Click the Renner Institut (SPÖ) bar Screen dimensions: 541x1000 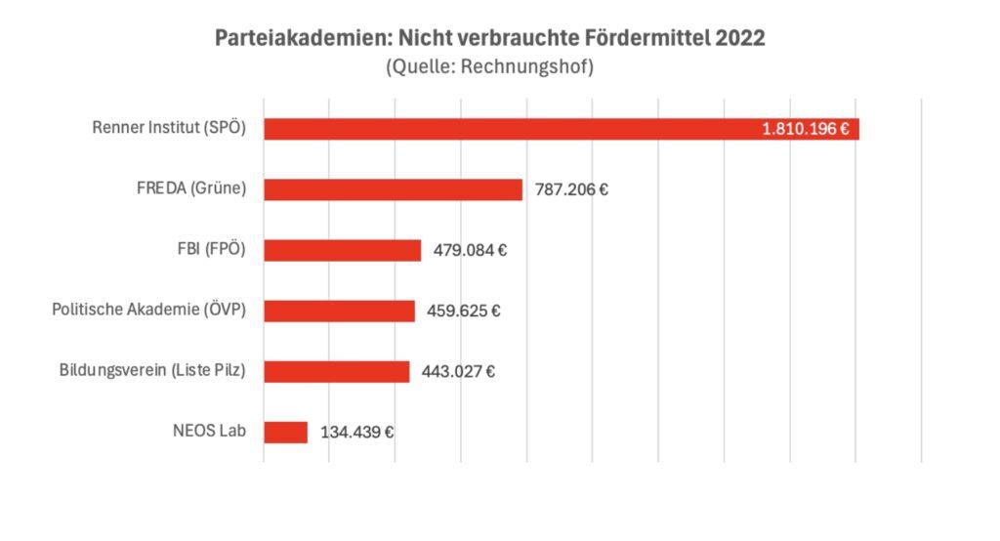pyautogui.click(x=508, y=129)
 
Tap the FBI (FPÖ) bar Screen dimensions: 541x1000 pyautogui.click(x=342, y=250)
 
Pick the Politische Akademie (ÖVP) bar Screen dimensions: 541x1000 pyautogui.click(x=339, y=311)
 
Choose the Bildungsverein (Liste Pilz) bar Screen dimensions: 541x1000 pyautogui.click(x=336, y=372)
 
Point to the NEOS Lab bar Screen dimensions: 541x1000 pyautogui.click(x=285, y=433)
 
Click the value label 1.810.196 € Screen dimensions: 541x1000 pyautogui.click(x=805, y=129)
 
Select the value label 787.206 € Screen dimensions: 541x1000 pyautogui.click(x=571, y=189)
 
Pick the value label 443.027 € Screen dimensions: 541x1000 pyautogui.click(x=458, y=372)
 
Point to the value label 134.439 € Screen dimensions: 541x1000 pyautogui.click(x=356, y=433)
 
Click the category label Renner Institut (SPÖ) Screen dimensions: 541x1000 pyautogui.click(x=169, y=128)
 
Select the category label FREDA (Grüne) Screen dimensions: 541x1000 pyautogui.click(x=191, y=188)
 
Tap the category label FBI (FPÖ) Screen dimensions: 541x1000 pyautogui.click(x=205, y=249)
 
